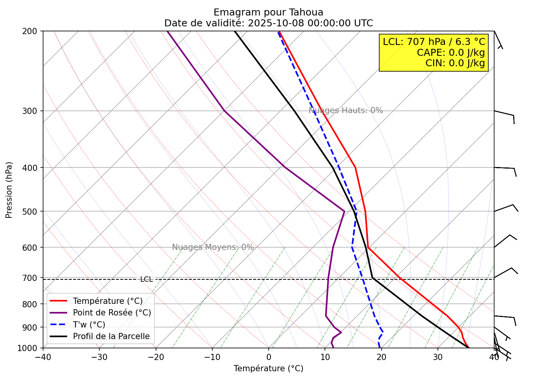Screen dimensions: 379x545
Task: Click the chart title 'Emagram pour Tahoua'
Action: pyautogui.click(x=268, y=12)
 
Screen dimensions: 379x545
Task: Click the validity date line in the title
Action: pyautogui.click(x=268, y=23)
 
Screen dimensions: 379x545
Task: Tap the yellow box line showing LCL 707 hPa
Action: pyautogui.click(x=434, y=42)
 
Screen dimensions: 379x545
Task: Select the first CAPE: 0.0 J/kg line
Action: pyautogui.click(x=451, y=52)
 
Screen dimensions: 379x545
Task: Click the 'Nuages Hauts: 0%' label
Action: pyautogui.click(x=345, y=110)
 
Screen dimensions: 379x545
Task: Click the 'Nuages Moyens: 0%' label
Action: pyautogui.click(x=213, y=247)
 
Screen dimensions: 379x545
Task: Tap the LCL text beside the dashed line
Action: pyautogui.click(x=146, y=279)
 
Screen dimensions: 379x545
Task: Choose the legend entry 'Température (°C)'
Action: pyautogui.click(x=108, y=301)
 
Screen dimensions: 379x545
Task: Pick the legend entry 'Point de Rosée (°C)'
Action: pyautogui.click(x=112, y=313)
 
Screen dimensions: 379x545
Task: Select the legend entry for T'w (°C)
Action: pyautogui.click(x=89, y=325)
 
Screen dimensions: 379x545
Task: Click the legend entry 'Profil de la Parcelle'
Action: pyautogui.click(x=111, y=336)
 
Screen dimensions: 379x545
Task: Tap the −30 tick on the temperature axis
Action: pyautogui.click(x=99, y=357)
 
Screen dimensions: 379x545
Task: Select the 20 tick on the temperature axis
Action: pyautogui.click(x=381, y=357)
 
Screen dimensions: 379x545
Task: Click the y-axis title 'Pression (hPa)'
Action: pyautogui.click(x=9, y=190)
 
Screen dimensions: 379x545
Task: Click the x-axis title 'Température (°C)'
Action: pyautogui.click(x=268, y=369)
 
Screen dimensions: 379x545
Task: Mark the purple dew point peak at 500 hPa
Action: pyautogui.click(x=344, y=211)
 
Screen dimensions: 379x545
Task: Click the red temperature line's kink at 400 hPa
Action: pyautogui.click(x=355, y=167)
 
